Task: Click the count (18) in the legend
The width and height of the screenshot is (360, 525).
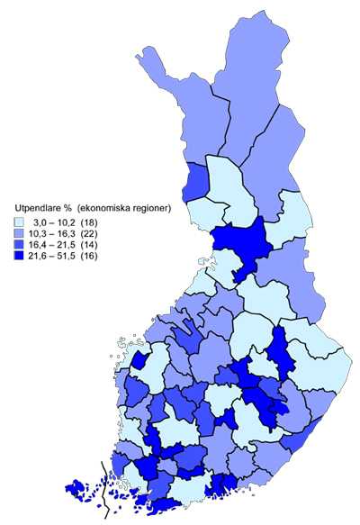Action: coord(92,222)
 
